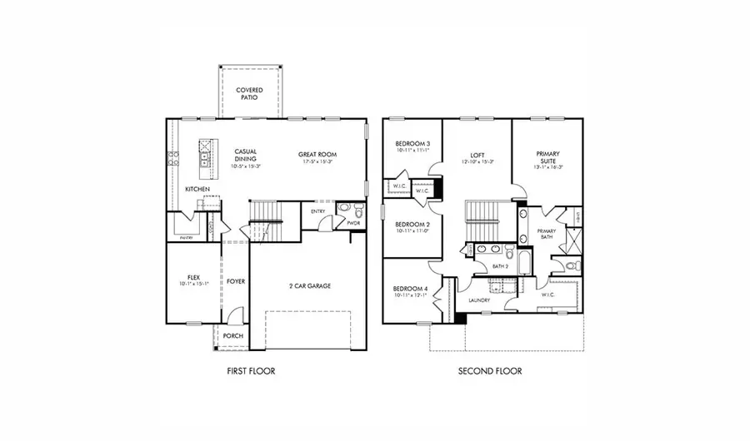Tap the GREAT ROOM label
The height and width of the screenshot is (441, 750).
(x=316, y=155)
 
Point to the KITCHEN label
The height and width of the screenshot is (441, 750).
(x=197, y=190)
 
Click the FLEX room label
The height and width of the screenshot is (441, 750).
(x=192, y=276)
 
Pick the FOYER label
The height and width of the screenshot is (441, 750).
(x=236, y=281)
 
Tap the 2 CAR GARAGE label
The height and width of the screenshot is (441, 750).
(x=309, y=285)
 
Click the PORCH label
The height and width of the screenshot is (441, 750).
(x=233, y=335)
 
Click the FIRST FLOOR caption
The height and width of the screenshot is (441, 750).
(x=251, y=371)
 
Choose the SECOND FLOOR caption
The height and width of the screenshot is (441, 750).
(x=490, y=371)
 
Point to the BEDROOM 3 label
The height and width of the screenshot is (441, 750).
(x=411, y=145)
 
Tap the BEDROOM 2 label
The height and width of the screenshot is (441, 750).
(x=411, y=225)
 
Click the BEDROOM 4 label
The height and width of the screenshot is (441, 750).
(x=411, y=289)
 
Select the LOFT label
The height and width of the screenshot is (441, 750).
(x=477, y=155)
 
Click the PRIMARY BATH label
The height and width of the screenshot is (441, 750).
(x=547, y=234)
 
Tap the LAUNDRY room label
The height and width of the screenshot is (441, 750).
(x=477, y=300)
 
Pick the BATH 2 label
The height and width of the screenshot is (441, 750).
(x=500, y=266)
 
